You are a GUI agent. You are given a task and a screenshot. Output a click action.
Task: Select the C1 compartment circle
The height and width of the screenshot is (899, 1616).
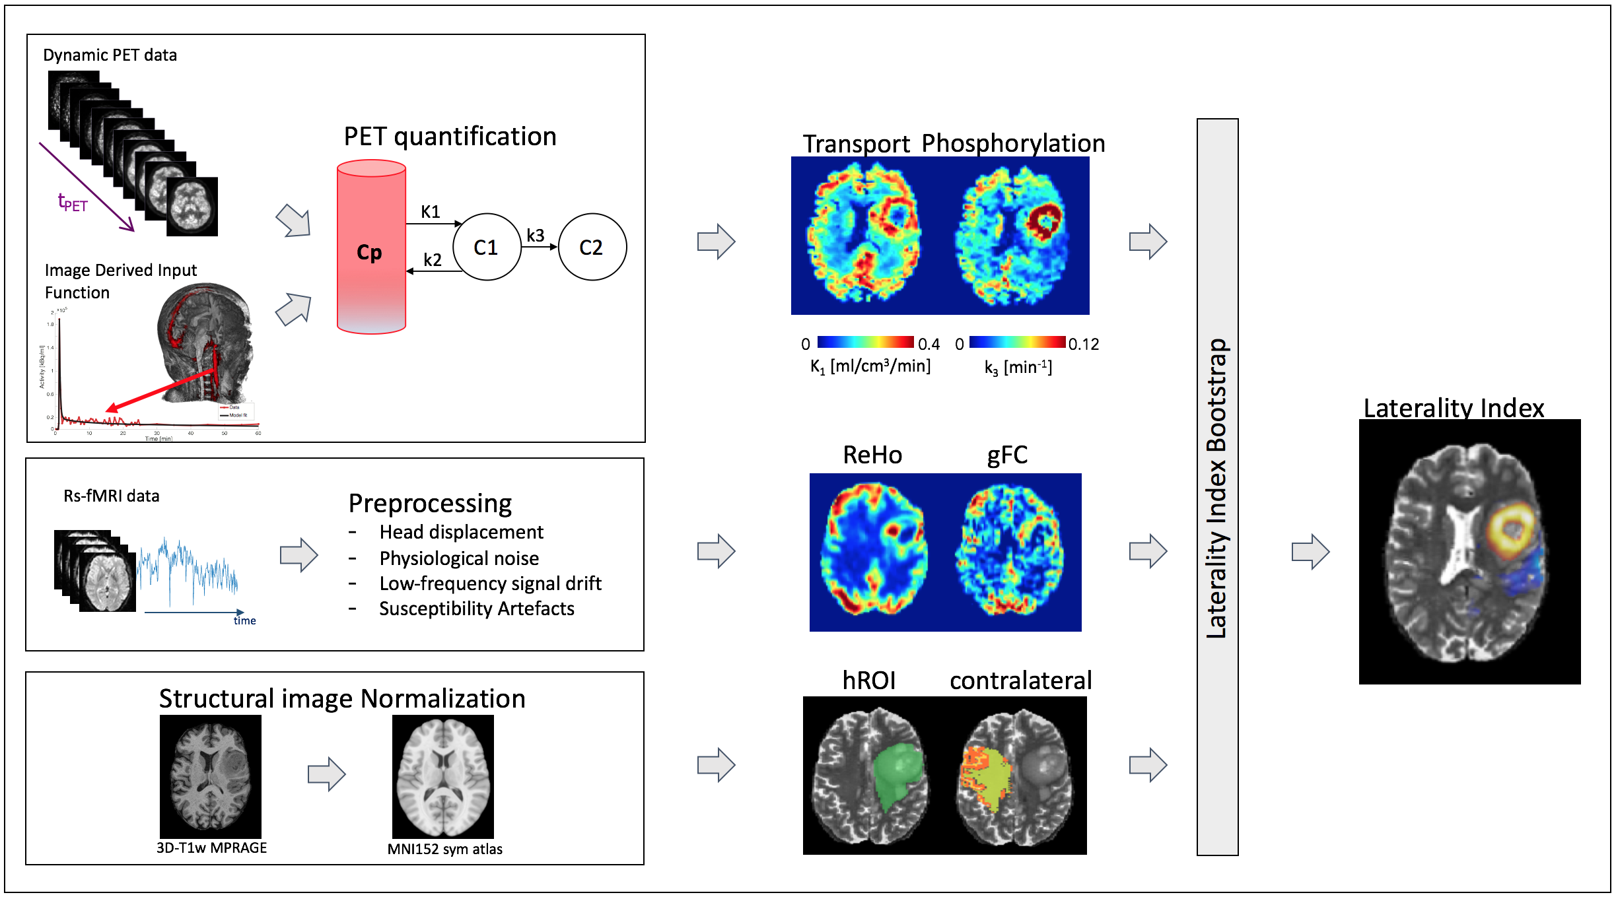(x=487, y=247)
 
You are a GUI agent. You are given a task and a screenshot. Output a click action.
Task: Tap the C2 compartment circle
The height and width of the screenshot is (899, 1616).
(x=592, y=247)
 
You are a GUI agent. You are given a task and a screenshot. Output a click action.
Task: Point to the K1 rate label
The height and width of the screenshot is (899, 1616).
(x=430, y=212)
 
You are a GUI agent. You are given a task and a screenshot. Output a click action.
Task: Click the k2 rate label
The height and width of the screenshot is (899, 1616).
(x=433, y=260)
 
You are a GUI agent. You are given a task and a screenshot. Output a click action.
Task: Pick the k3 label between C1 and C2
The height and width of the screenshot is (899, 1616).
(x=536, y=236)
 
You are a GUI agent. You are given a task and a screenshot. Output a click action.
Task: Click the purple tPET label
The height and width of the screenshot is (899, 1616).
(x=72, y=202)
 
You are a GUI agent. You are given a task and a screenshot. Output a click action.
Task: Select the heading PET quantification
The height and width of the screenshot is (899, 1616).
(x=450, y=137)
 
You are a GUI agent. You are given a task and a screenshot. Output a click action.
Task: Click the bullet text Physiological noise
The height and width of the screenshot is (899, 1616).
(x=459, y=558)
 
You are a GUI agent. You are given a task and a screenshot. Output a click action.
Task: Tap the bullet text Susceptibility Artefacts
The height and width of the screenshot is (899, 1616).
(x=476, y=609)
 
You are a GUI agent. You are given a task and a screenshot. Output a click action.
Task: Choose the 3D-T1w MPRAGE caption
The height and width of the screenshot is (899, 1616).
(x=211, y=848)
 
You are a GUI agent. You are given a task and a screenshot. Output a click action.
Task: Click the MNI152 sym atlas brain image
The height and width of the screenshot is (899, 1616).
(x=442, y=776)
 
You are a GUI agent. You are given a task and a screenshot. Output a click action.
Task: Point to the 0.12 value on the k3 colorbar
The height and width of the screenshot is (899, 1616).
(x=1083, y=344)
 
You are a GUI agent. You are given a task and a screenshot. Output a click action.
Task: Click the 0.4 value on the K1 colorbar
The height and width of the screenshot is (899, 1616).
(x=929, y=344)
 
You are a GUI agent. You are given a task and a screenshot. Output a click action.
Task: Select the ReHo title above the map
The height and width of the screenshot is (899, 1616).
(x=872, y=455)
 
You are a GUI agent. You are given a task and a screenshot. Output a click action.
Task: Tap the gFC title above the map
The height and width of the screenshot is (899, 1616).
(x=1007, y=455)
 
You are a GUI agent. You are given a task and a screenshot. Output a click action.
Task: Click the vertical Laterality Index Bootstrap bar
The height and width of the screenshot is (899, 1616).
(x=1217, y=487)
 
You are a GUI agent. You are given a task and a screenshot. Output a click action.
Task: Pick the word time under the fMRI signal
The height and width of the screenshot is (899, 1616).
(x=244, y=620)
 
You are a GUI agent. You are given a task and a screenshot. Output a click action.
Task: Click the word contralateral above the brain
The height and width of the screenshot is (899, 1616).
(x=1020, y=681)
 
